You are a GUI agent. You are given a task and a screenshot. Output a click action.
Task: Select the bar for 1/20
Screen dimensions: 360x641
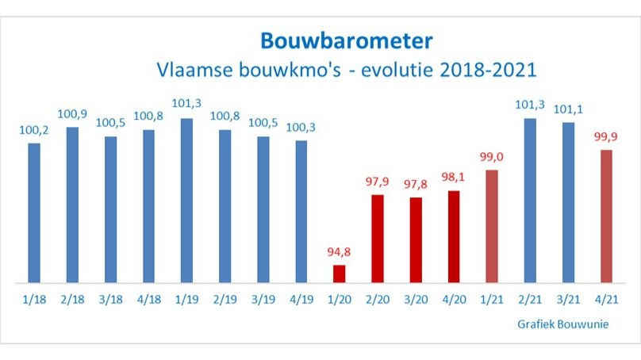(x=339, y=274)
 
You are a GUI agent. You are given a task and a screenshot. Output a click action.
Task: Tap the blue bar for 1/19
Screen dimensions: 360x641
(x=186, y=201)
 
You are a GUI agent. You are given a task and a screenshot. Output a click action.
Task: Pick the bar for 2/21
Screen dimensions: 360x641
(x=530, y=201)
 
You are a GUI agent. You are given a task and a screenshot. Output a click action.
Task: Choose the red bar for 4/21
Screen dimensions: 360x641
(x=606, y=216)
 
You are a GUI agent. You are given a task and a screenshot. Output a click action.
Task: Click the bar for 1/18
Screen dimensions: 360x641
(x=34, y=213)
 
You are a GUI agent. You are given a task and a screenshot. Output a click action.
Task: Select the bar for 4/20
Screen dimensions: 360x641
(x=453, y=236)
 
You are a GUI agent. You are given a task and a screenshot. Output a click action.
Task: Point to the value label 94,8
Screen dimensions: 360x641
(x=339, y=253)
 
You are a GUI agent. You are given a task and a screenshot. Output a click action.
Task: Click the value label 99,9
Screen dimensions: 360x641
(x=606, y=136)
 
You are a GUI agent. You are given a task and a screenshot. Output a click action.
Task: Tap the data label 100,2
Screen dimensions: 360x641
(x=34, y=130)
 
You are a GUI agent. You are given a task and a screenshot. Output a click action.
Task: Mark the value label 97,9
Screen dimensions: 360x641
(x=377, y=182)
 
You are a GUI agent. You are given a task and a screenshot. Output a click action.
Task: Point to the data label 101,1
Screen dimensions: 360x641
(x=568, y=109)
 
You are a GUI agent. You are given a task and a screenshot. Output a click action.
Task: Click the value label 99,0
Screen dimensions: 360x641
(x=492, y=157)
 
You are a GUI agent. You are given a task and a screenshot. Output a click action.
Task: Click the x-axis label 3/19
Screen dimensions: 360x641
(x=263, y=300)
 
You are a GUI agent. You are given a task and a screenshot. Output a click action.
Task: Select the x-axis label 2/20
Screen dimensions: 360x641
(x=377, y=300)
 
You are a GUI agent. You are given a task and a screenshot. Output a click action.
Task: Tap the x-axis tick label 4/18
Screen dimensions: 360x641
(x=148, y=300)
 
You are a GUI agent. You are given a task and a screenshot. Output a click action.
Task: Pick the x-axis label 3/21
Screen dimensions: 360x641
(x=568, y=300)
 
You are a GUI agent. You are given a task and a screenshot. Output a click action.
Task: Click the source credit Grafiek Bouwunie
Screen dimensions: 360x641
(x=559, y=324)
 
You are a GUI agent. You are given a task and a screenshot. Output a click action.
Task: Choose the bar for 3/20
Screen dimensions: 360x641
(x=415, y=239)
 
